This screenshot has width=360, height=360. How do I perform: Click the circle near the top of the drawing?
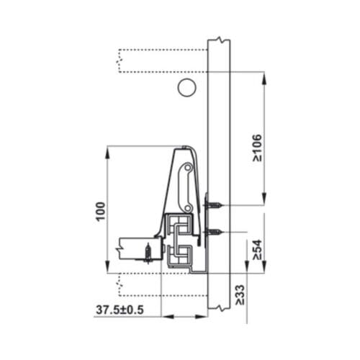(186, 89)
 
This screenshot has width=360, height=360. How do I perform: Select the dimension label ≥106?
(257, 148)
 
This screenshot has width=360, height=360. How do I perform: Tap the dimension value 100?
(101, 210)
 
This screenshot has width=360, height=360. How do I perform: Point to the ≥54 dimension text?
(257, 248)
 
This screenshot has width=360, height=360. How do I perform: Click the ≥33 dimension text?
(239, 294)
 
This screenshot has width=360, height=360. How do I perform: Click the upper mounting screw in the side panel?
(213, 206)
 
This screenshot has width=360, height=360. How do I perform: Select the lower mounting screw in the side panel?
(213, 233)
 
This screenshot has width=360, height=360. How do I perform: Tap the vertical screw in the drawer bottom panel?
(148, 253)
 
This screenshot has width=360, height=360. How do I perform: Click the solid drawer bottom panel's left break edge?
(117, 251)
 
